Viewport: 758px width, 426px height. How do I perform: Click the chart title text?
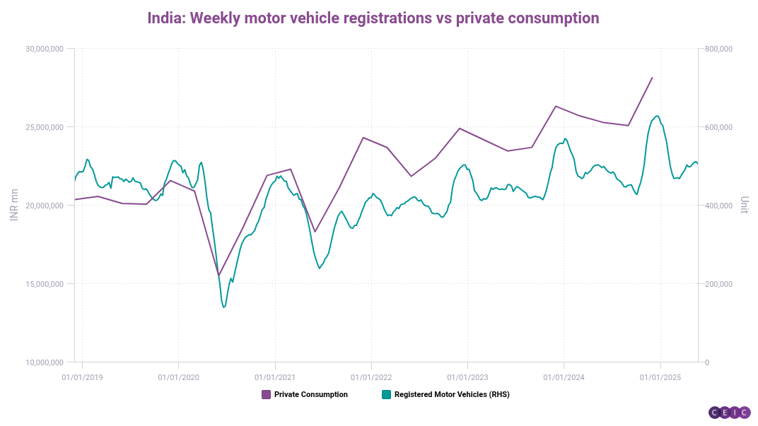click(x=373, y=18)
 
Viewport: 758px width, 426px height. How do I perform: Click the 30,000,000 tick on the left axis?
click(x=45, y=49)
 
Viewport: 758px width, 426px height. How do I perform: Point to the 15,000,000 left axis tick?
click(x=45, y=284)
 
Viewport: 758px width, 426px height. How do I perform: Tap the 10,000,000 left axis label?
click(x=45, y=362)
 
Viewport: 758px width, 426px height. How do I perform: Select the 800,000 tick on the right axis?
click(x=718, y=49)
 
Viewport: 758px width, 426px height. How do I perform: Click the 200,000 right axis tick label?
click(x=718, y=284)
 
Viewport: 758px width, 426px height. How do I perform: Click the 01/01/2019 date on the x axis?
click(x=82, y=377)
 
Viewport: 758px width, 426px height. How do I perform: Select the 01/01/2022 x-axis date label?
click(x=371, y=377)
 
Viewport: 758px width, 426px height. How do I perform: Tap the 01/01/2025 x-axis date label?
click(x=660, y=377)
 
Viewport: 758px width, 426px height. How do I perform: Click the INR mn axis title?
click(x=14, y=205)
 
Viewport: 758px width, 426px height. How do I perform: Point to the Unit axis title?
click(x=744, y=206)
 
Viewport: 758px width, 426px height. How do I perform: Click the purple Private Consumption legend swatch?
click(x=266, y=395)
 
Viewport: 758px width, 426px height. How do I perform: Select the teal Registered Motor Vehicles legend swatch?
click(x=386, y=395)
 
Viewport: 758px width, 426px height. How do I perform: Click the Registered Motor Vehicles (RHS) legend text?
click(x=451, y=395)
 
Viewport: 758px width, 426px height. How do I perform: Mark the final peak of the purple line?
click(x=652, y=78)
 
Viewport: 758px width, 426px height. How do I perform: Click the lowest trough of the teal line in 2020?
click(x=224, y=307)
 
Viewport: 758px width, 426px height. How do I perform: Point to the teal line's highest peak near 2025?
click(x=658, y=116)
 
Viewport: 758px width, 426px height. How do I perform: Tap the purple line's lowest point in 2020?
click(x=218, y=276)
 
